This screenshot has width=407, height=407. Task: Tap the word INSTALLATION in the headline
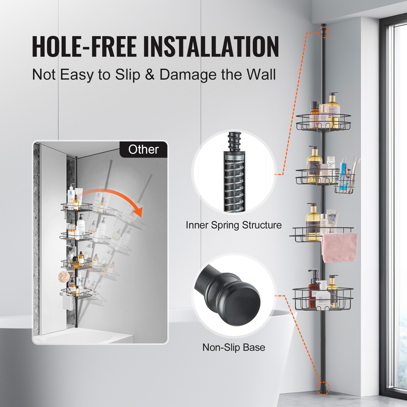[x=211, y=46]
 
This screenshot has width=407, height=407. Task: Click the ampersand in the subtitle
[x=150, y=75]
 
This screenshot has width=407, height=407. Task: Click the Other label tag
[x=143, y=149]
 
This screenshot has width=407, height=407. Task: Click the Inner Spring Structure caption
[x=234, y=225]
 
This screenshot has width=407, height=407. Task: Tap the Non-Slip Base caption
[x=234, y=347]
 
